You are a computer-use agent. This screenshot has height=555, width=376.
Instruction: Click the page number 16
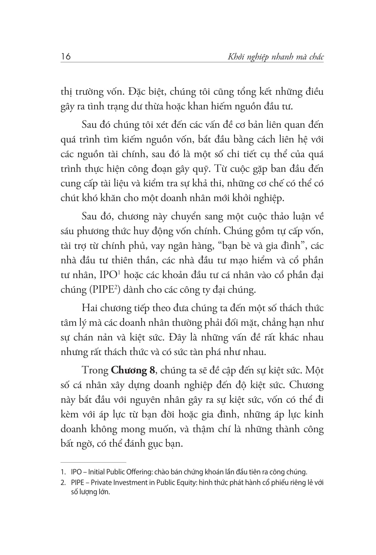coord(66,56)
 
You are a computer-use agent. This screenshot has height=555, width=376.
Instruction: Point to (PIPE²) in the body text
coord(105,290)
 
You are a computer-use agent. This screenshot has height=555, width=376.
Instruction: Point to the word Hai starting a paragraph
coord(89,308)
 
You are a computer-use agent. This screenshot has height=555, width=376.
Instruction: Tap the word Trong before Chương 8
coord(95,370)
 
